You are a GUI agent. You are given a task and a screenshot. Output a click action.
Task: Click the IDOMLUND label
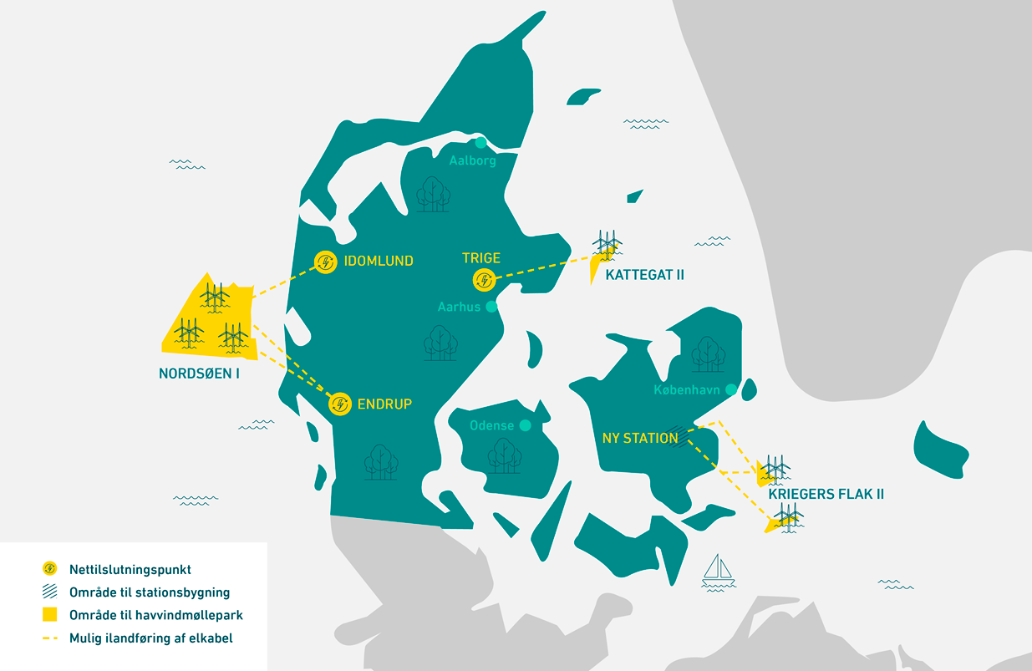[x=378, y=262]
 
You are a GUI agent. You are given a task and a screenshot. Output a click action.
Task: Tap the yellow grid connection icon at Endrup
[x=339, y=404]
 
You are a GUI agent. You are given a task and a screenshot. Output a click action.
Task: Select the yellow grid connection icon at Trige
[x=482, y=279]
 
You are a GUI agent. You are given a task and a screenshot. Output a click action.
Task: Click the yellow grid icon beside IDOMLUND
[x=324, y=262]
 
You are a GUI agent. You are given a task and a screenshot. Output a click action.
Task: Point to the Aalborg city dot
[x=480, y=143]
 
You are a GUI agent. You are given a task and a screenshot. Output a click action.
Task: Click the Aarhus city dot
[x=491, y=307]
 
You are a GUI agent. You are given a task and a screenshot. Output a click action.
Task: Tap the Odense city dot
[x=525, y=425]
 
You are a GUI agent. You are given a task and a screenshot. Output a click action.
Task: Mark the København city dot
[x=731, y=389]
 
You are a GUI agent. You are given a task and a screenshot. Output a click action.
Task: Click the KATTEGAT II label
[x=644, y=275]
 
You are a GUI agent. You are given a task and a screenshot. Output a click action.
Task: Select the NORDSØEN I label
[x=199, y=374]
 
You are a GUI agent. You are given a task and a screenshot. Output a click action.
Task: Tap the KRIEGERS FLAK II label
[x=826, y=495]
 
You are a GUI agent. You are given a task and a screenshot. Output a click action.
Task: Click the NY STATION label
[x=640, y=438]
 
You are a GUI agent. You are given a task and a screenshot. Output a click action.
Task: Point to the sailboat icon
[x=718, y=569]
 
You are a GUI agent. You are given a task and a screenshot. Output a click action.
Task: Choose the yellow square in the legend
[x=49, y=615]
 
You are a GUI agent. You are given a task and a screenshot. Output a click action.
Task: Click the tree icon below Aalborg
[x=432, y=194]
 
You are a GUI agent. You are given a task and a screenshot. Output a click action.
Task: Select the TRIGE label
[x=480, y=258]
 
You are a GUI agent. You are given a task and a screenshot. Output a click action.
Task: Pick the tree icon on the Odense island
[x=504, y=455]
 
